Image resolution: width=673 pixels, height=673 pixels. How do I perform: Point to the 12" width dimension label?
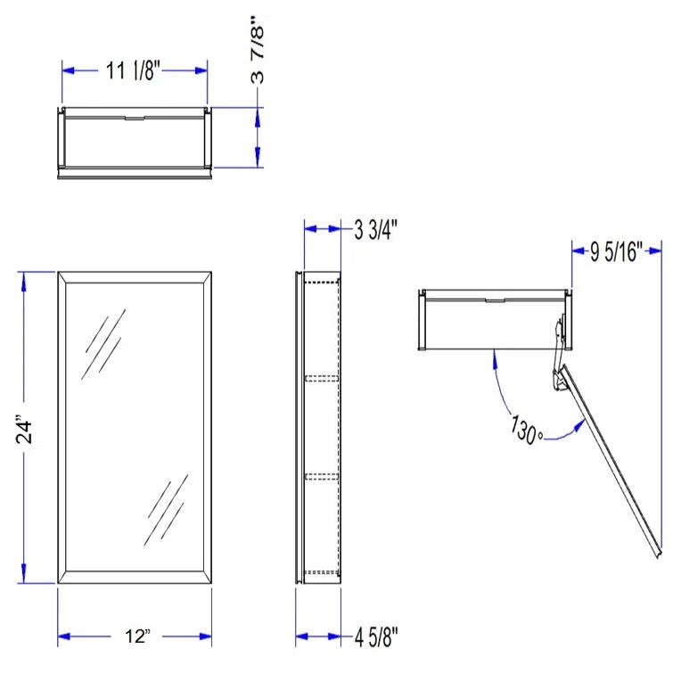pos(136,636)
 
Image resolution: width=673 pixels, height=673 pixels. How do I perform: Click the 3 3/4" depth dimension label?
pos(375,230)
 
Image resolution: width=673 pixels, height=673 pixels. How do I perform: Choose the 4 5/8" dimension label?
pos(375,636)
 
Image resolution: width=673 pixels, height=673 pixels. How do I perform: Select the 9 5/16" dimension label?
pos(617,252)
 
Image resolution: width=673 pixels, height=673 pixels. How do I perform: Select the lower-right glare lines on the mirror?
pos(167,506)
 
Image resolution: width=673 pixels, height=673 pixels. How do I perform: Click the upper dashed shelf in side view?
pos(320,378)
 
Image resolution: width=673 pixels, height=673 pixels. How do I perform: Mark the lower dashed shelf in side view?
pos(320,475)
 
